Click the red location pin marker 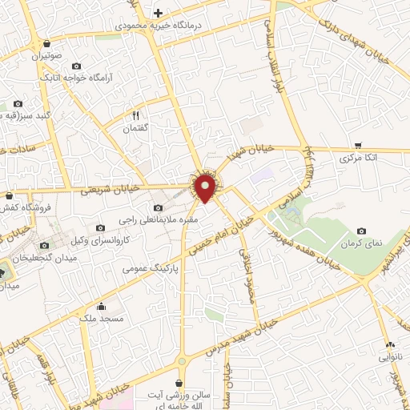(x=206, y=187)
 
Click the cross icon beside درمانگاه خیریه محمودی (x=158, y=13)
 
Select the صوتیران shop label (x=47, y=57)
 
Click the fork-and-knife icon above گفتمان (x=135, y=115)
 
